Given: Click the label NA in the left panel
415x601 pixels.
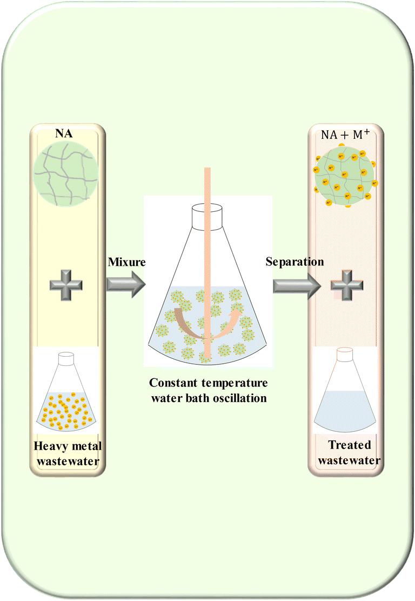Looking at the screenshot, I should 65,133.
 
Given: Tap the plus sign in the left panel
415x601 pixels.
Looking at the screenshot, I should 65,283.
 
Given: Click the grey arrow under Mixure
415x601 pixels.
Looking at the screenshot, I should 125,283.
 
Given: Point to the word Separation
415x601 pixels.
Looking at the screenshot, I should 294,262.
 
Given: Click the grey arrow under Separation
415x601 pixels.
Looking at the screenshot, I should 294,283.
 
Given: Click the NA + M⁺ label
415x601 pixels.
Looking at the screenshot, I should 346,135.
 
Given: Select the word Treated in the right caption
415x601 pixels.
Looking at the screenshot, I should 349,445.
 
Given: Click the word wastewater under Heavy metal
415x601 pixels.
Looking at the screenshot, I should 65,460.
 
